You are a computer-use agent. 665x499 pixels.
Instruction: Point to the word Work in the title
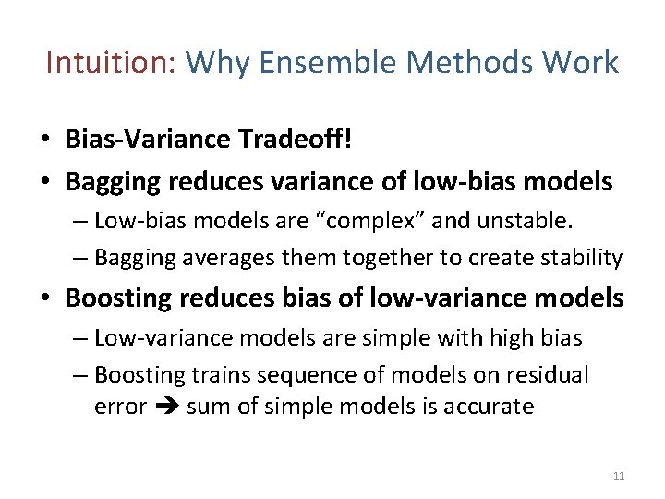pyautogui.click(x=580, y=63)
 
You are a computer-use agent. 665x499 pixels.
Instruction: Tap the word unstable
pyautogui.click(x=529, y=221)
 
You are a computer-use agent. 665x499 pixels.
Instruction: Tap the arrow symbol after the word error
pyautogui.click(x=167, y=408)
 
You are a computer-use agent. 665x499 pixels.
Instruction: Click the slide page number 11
pyautogui.click(x=619, y=476)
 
